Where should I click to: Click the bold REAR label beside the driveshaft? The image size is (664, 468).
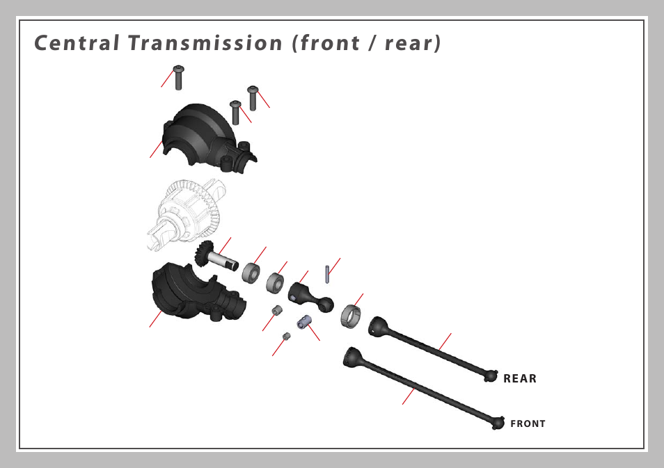520,379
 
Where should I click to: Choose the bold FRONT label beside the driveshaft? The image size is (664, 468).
528,423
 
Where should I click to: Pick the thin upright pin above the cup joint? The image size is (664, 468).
326,273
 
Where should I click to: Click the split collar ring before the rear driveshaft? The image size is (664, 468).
351,316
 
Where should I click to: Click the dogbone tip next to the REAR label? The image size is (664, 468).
491,375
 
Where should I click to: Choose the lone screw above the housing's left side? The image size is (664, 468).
179,77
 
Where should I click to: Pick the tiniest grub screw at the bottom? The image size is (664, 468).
286,337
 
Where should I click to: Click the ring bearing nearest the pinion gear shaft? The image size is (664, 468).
251,272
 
